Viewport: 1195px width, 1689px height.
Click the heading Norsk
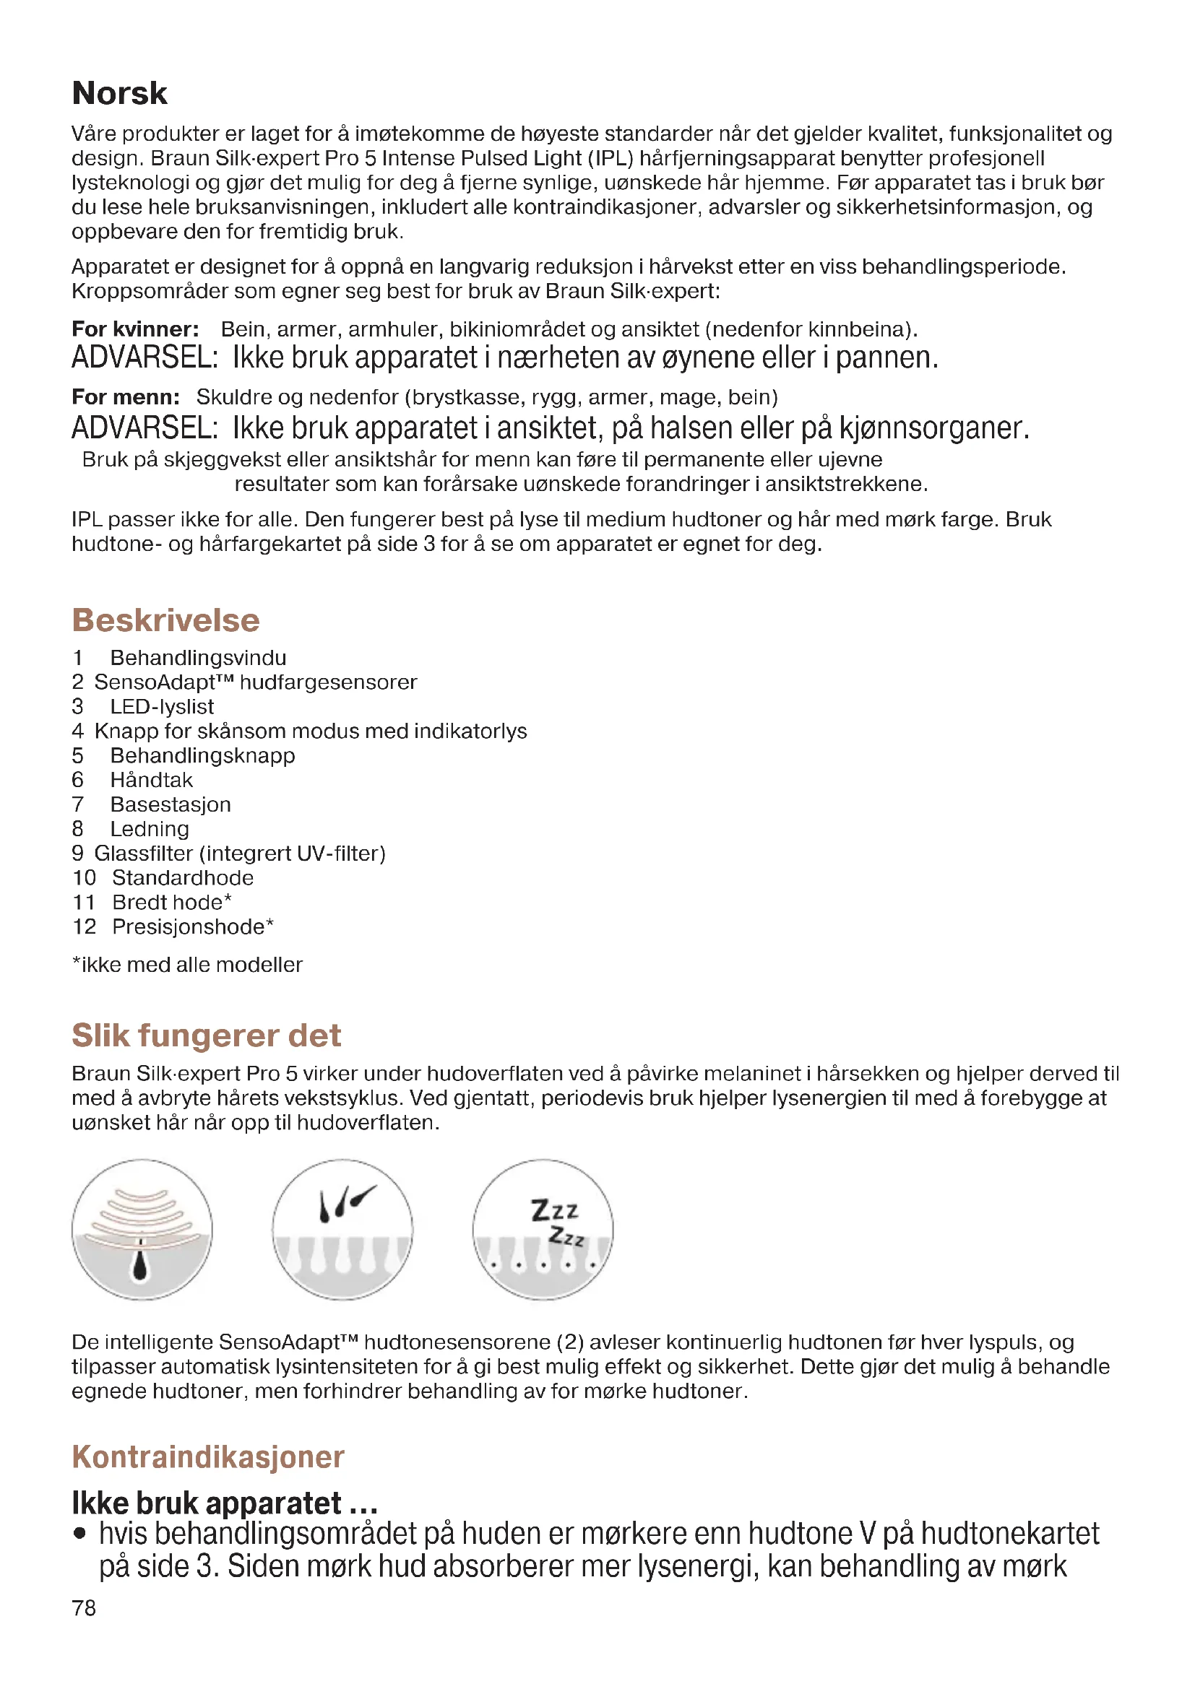click(x=119, y=94)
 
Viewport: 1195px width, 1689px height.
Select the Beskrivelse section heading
click(x=165, y=620)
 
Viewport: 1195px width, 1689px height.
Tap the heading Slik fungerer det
click(x=206, y=1035)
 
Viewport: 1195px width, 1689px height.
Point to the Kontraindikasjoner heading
click(x=207, y=1456)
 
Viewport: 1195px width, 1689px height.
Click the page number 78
click(x=84, y=1608)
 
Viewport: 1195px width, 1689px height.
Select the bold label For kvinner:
click(x=135, y=329)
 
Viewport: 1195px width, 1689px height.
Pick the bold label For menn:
click(x=126, y=397)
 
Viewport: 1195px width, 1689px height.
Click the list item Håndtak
click(x=151, y=780)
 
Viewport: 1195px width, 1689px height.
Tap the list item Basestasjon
click(x=170, y=804)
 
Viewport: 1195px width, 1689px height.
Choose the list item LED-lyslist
click(x=162, y=706)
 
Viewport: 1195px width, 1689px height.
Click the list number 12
click(x=84, y=927)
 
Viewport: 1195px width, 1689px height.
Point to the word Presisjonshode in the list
click(x=188, y=927)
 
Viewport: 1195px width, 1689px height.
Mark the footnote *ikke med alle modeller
click(x=187, y=965)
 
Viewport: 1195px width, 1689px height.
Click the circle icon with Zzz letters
click(x=543, y=1230)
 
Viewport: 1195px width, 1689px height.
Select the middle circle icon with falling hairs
click(x=342, y=1230)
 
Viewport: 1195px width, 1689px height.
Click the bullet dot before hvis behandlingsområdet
click(x=79, y=1534)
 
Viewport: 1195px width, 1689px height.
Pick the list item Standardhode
click(x=183, y=877)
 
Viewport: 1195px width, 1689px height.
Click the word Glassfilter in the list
click(x=144, y=854)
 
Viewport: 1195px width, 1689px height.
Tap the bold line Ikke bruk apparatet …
click(x=225, y=1502)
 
